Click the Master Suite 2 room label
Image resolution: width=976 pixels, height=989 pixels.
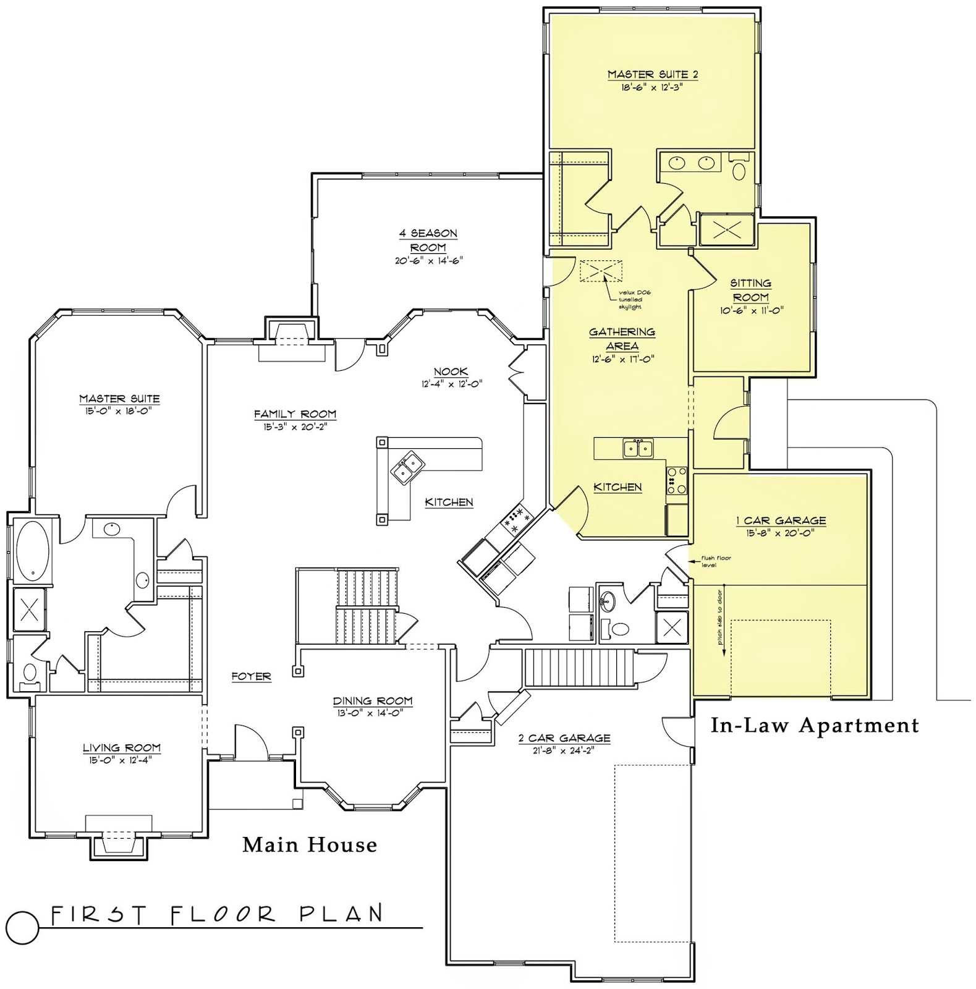point(652,75)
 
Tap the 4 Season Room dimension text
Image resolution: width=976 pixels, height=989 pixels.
point(428,261)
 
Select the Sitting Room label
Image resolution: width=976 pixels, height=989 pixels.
point(750,290)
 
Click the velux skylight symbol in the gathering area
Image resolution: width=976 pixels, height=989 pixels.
point(600,271)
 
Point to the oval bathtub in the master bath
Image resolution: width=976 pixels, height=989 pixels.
point(27,551)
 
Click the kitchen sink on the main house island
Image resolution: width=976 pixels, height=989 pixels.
point(407,468)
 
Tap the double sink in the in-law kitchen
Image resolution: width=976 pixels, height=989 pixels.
point(637,448)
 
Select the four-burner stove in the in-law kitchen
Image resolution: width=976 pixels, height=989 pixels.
point(676,480)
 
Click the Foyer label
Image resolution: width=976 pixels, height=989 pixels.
point(251,676)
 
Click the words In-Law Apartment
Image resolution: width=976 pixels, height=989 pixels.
point(814,725)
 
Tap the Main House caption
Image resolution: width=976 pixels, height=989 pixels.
point(309,844)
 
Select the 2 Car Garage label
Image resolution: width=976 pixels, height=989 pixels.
point(564,738)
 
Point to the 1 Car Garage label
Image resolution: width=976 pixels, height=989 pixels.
point(781,520)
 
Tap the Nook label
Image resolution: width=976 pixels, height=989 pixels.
point(451,371)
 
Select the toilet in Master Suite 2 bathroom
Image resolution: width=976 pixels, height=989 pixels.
point(739,171)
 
